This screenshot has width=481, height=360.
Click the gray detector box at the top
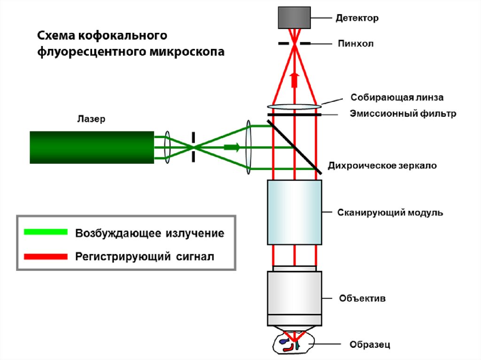click(294, 17)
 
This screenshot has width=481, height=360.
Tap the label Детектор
click(357, 18)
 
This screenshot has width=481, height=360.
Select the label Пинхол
click(356, 44)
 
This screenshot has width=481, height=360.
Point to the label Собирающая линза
click(397, 98)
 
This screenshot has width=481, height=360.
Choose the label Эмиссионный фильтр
click(403, 114)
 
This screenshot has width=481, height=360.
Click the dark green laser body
click(92, 147)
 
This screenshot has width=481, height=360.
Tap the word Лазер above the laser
click(91, 119)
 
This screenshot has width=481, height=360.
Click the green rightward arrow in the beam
click(232, 147)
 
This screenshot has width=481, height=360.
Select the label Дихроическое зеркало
click(382, 166)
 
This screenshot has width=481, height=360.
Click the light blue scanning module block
click(295, 212)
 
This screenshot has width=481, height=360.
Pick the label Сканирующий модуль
click(390, 213)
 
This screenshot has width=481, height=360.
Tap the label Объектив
click(362, 298)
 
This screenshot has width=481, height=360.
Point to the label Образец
click(370, 345)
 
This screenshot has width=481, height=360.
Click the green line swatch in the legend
click(45, 232)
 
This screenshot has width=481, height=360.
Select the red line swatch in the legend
click(45, 256)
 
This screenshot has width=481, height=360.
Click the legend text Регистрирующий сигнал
click(145, 256)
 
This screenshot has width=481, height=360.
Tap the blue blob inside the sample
click(283, 342)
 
